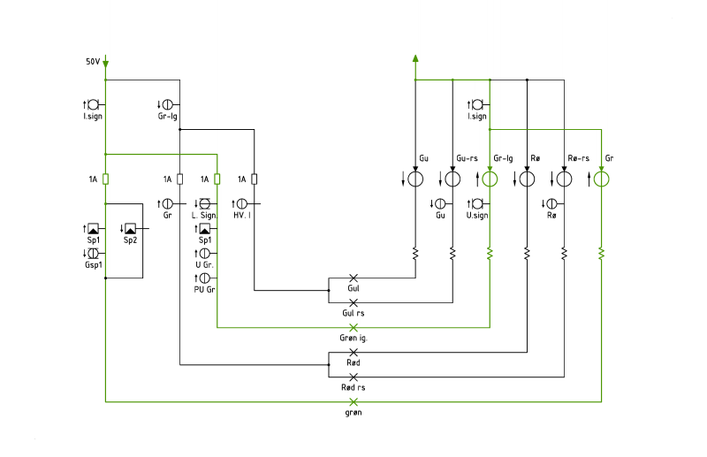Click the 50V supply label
pyautogui.click(x=93, y=61)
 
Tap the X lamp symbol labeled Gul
pyautogui.click(x=353, y=278)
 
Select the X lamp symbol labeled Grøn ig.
pyautogui.click(x=353, y=328)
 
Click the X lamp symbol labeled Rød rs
pyautogui.click(x=353, y=377)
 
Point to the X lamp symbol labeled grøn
pyautogui.click(x=353, y=401)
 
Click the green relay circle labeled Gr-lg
pyautogui.click(x=490, y=179)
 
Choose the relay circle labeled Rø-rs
pyautogui.click(x=564, y=179)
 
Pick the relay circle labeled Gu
pyautogui.click(x=415, y=179)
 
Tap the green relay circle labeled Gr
pyautogui.click(x=601, y=179)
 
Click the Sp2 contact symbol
pyautogui.click(x=130, y=229)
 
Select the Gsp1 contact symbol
pyautogui.click(x=93, y=254)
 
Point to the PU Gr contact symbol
pyautogui.click(x=205, y=278)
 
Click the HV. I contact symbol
pyautogui.click(x=242, y=204)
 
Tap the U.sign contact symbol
pyautogui.click(x=477, y=204)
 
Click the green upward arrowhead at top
pyautogui.click(x=415, y=58)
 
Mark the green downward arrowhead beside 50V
pyautogui.click(x=105, y=65)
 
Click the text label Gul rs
pyautogui.click(x=353, y=313)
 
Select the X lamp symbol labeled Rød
pyautogui.click(x=353, y=353)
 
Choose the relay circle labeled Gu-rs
pyautogui.click(x=452, y=179)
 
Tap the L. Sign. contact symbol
pyautogui.click(x=205, y=204)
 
